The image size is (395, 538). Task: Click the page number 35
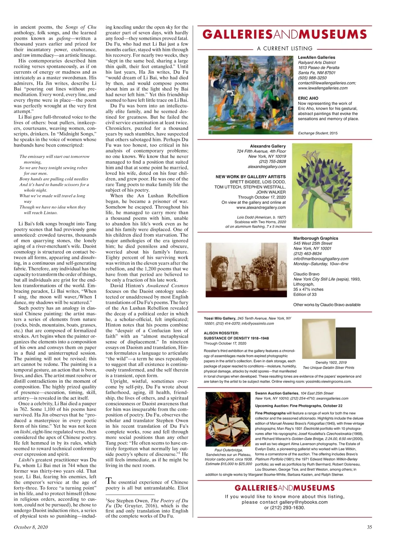[369, 527]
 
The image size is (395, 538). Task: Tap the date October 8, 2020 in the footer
[31, 527]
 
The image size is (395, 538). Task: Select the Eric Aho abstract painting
[251, 95]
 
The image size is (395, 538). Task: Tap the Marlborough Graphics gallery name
[316, 238]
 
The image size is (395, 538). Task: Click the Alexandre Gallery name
[268, 146]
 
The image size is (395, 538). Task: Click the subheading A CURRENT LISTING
[285, 48]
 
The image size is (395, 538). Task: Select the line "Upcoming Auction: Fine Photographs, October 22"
[299, 406]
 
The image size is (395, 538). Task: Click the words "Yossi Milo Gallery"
[220, 318]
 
